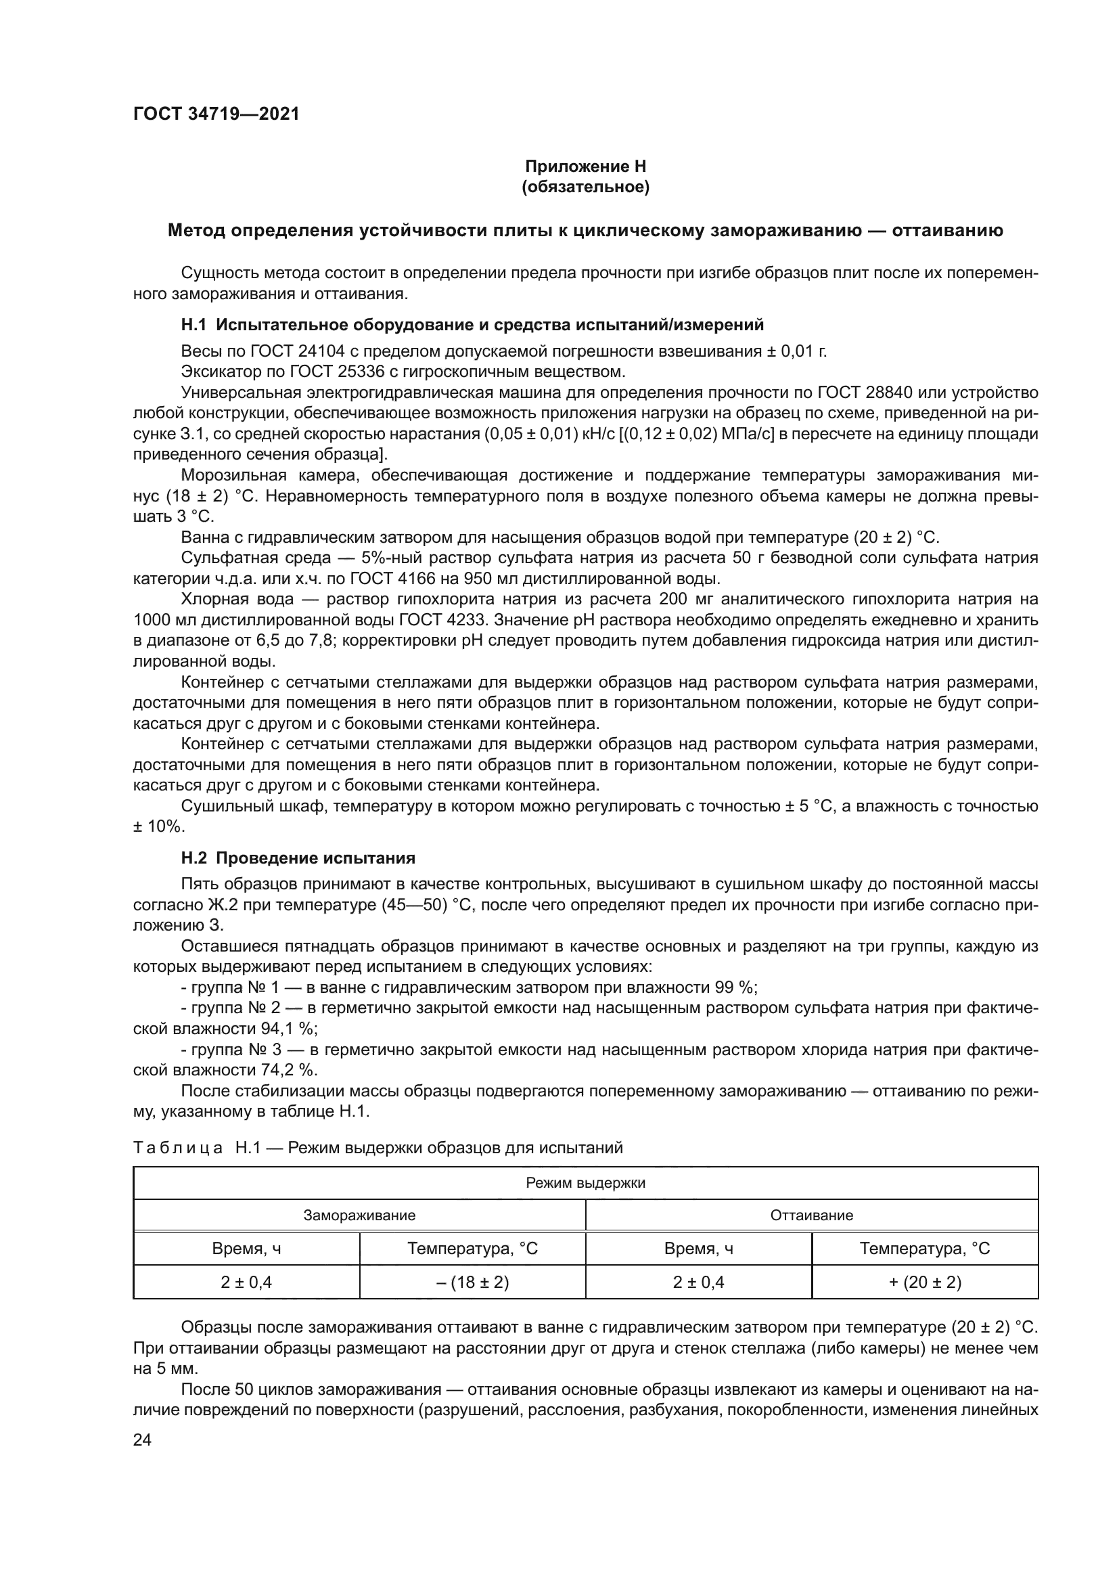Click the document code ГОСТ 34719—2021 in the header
(216, 114)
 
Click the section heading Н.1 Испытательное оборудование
(472, 325)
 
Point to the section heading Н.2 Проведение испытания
(298, 858)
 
